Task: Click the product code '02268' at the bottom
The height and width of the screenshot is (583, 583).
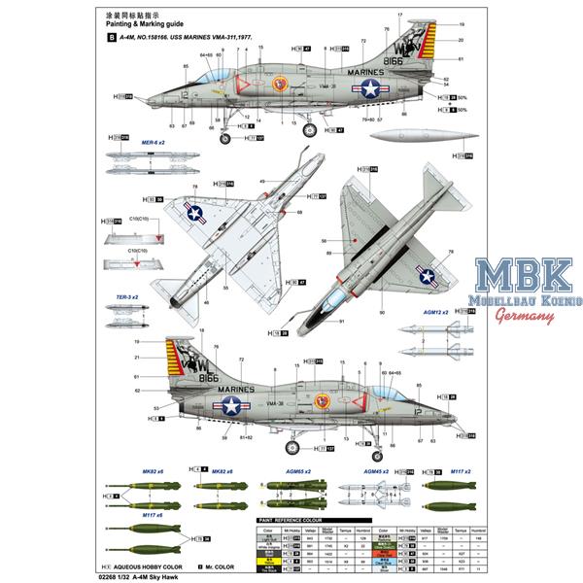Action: pyautogui.click(x=115, y=575)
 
